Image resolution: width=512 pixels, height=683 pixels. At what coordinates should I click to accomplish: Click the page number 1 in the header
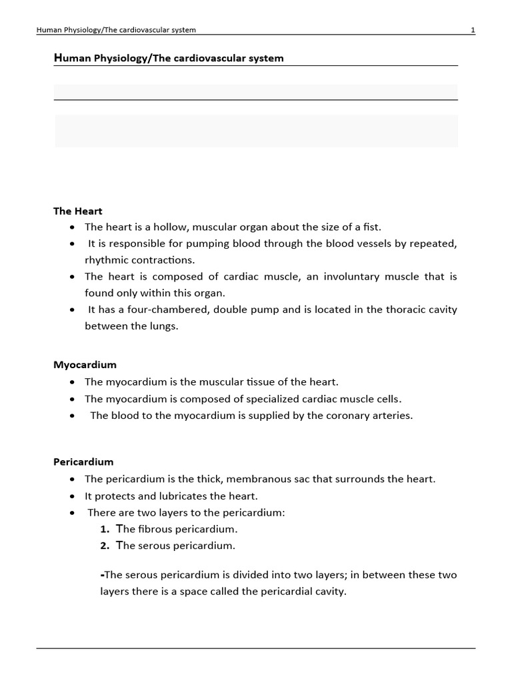473,30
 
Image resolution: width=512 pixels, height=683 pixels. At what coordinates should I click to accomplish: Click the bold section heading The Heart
78,211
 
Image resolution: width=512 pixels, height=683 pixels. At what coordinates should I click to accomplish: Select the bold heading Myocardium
85,365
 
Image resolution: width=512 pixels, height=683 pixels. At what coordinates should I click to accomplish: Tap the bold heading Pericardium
83,462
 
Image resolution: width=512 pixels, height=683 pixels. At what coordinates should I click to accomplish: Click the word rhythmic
105,259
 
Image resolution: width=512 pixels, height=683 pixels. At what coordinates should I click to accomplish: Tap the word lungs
165,325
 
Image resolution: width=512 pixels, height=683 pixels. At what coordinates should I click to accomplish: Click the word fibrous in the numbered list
153,529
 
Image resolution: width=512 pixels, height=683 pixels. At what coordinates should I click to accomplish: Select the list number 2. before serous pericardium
105,546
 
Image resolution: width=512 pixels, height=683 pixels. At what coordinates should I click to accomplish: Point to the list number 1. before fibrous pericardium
105,529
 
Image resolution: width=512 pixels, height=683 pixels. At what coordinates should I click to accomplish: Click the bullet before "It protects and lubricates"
72,496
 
